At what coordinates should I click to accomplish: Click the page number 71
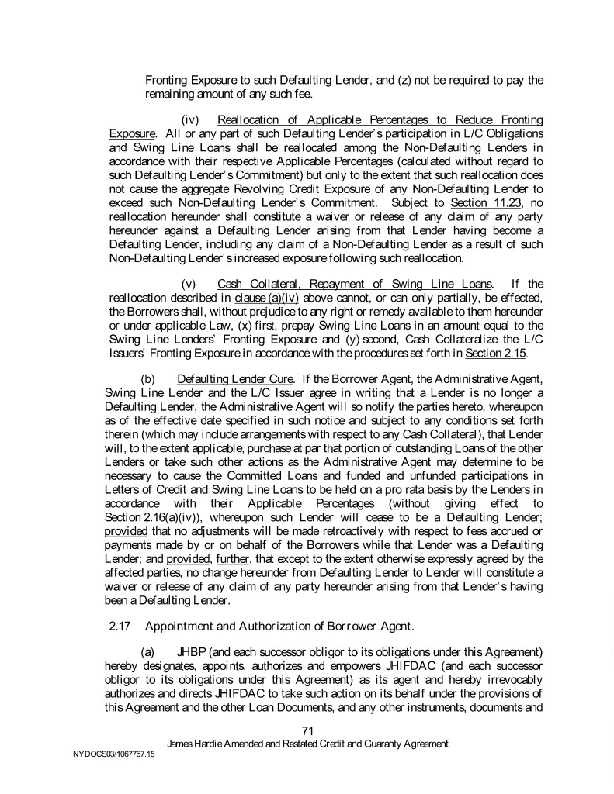coord(307,730)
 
